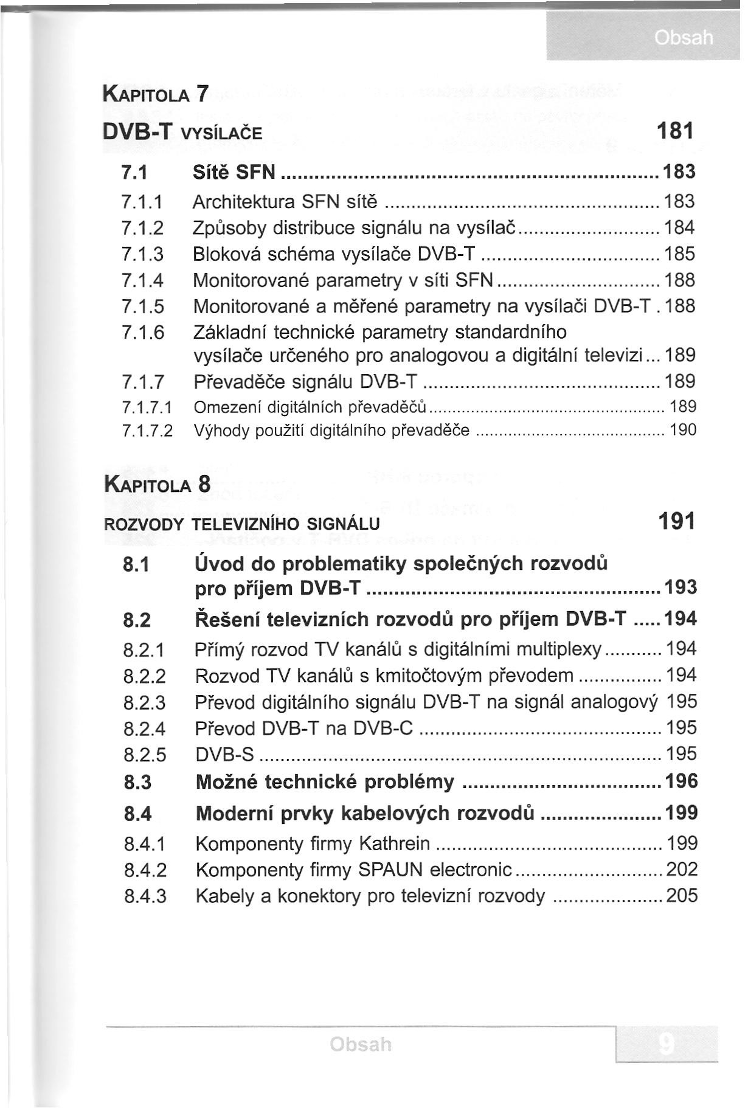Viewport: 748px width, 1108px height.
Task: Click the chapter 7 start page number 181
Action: [676, 131]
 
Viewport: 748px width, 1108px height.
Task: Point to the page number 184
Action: [679, 227]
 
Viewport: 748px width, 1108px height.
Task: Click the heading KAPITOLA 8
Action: [158, 485]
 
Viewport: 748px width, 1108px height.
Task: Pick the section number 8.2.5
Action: [144, 755]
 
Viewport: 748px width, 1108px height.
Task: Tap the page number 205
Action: [682, 895]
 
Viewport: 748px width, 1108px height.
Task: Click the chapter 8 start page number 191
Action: [676, 521]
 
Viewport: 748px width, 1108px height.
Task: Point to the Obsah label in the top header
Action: [684, 38]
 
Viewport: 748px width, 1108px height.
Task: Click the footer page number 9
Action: [667, 1045]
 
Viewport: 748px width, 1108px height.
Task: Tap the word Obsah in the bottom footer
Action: [361, 1045]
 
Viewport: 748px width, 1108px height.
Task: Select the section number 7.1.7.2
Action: [147, 431]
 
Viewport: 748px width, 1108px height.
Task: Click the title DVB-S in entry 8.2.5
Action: [224, 755]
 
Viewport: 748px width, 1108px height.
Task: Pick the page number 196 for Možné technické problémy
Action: [682, 781]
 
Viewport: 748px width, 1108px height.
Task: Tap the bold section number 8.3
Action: [137, 782]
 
